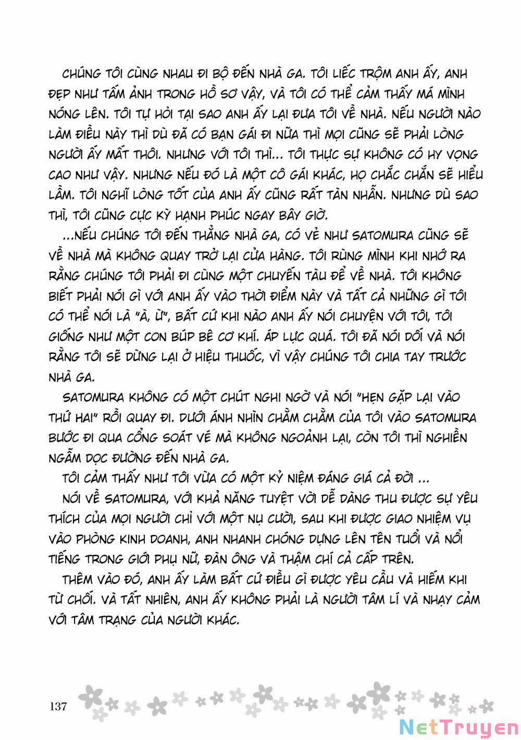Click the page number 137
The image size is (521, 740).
pyautogui.click(x=58, y=707)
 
